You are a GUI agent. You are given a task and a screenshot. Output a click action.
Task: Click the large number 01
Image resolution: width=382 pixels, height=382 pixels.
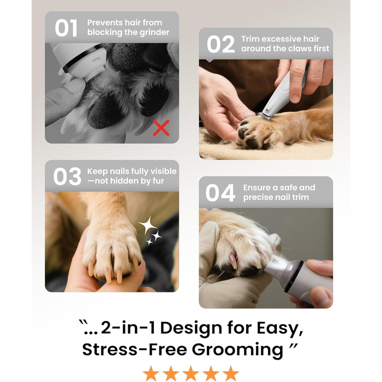coord(66,28)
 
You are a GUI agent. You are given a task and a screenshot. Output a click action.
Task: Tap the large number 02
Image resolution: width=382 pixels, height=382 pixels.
coord(220,44)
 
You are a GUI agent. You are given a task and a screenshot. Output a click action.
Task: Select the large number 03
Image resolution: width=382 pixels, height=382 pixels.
coord(67,177)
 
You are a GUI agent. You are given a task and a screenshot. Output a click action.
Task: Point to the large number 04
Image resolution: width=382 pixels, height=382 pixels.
coord(220,193)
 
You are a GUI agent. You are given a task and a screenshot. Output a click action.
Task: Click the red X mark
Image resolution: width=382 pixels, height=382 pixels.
coord(161,128)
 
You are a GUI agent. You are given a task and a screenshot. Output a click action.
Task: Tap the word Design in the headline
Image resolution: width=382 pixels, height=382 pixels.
coord(191,327)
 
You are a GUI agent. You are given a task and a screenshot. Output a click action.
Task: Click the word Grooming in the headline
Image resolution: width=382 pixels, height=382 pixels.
coord(237,350)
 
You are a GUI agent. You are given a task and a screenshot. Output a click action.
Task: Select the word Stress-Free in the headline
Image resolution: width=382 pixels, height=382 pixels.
coord(135,349)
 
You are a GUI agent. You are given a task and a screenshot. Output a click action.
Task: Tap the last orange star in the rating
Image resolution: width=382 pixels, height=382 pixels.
coord(230,373)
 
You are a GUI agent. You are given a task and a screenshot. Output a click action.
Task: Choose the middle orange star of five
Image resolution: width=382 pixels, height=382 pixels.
coord(191,373)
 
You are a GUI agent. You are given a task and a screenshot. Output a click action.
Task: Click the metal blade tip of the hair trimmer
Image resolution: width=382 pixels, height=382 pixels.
coord(265,116)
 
